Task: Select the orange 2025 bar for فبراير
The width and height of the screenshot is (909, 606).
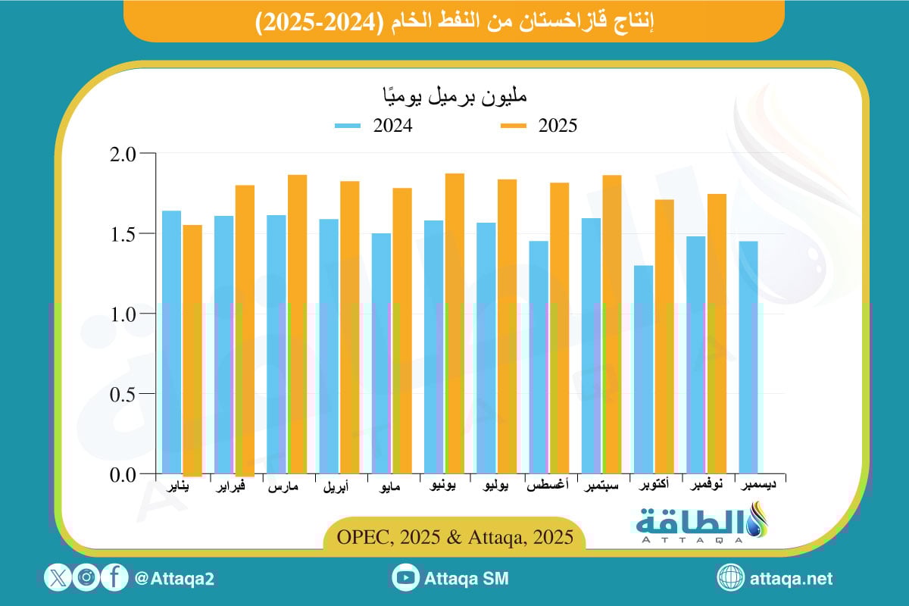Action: point(245,330)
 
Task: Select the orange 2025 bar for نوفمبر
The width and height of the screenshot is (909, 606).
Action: point(717,333)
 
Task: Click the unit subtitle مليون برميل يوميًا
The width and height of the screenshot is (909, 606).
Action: point(454,97)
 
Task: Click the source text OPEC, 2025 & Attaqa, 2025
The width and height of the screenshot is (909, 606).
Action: point(454,537)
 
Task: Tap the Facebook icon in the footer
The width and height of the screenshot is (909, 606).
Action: point(114,579)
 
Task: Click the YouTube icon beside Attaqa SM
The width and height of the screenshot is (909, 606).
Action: point(406,579)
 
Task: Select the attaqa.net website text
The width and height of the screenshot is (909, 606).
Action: point(791,579)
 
